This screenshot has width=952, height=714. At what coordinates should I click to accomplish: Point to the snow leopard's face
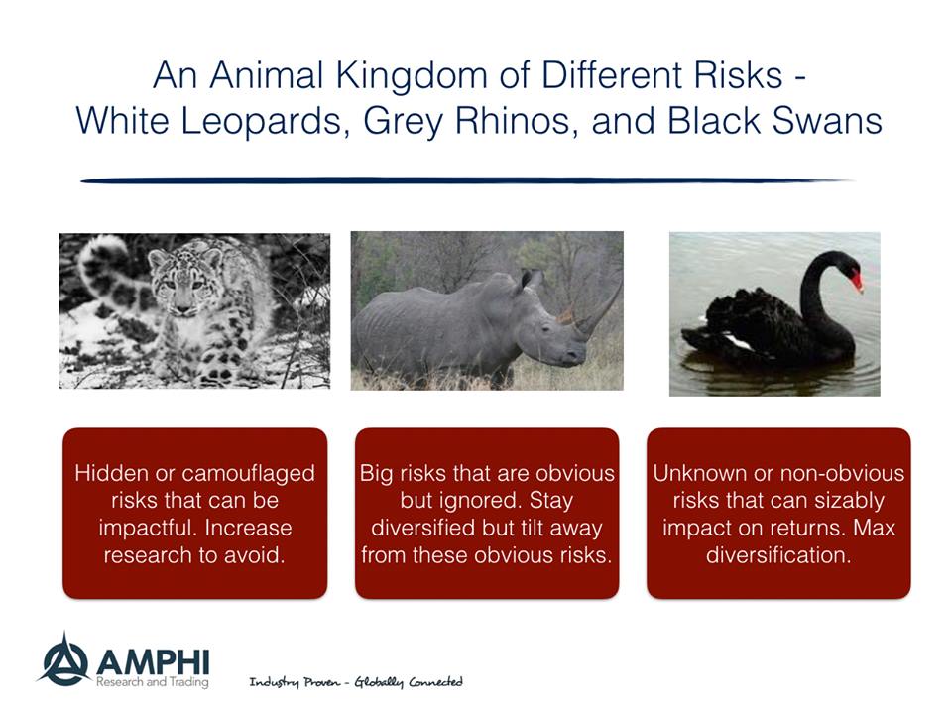(x=177, y=286)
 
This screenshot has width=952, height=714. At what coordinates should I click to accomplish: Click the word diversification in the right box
(x=778, y=555)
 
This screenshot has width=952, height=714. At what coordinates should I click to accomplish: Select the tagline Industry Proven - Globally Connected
(x=355, y=682)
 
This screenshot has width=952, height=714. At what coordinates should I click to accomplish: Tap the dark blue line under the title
(x=466, y=180)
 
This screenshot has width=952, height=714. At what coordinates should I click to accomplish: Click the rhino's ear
(x=532, y=280)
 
